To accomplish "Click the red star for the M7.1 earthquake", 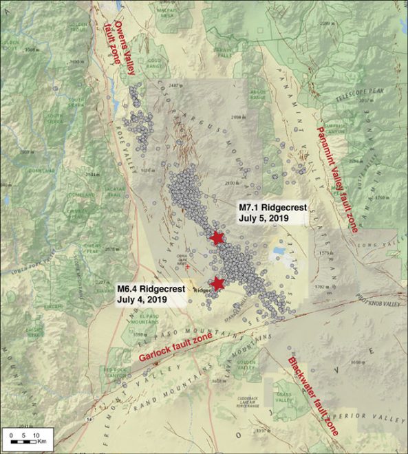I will pos(217,238).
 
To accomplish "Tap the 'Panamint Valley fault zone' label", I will pos(338,179).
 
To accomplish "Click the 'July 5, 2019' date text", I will pos(262,218).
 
